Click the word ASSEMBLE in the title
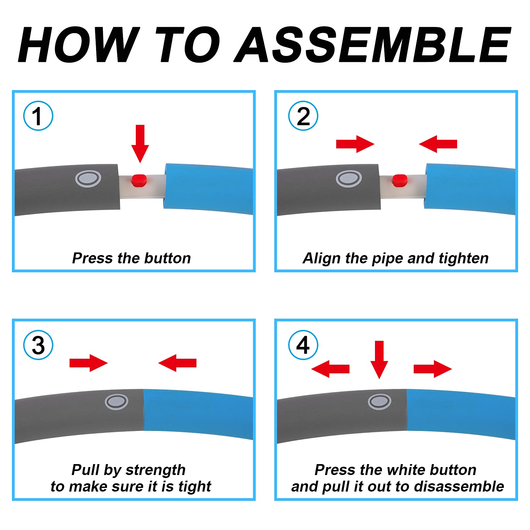pos(373,45)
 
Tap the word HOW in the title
pos(79,45)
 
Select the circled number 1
pos(38,116)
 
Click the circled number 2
pos(303,116)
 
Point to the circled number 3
pos(38,345)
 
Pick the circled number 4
pos(303,345)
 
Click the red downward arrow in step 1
pos(140,144)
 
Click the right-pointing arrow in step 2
pos(355,144)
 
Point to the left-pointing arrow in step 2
pos(438,144)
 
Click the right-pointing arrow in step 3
pos(88,363)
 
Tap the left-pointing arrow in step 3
pos(178,363)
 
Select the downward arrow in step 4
pos(379,360)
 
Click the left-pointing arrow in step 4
pos(331,369)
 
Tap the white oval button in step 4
pos(380,402)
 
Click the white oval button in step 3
pos(117,402)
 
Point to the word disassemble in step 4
pos(459,486)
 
